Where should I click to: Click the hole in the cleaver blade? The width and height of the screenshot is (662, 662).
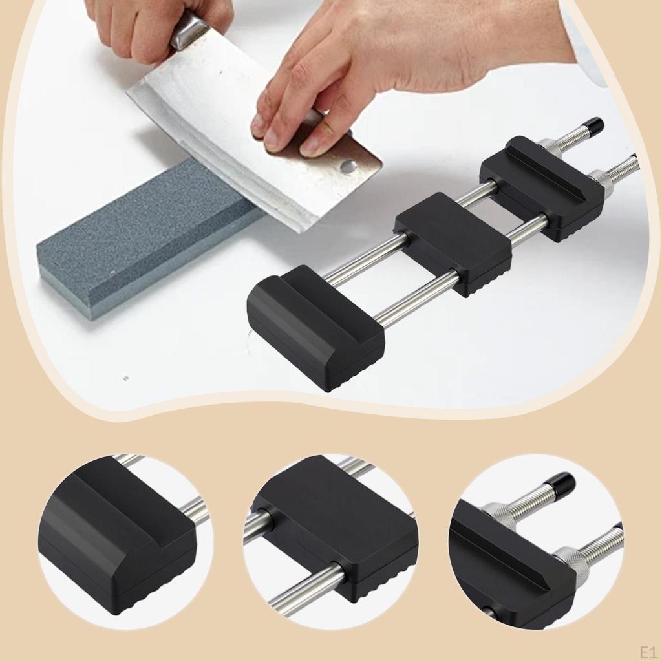coord(348,166)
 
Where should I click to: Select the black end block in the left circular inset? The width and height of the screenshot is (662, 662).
coord(116,537)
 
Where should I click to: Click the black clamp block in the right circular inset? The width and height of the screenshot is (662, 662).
coord(511,569)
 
